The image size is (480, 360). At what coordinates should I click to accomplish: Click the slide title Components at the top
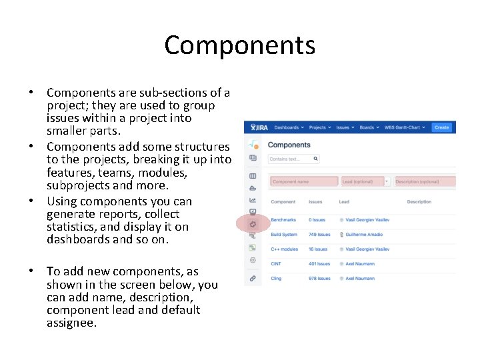click(x=239, y=45)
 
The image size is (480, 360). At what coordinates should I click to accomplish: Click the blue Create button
click(x=441, y=127)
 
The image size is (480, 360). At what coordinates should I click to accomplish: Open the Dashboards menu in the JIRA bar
click(x=289, y=127)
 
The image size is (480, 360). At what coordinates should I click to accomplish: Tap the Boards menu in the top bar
click(x=369, y=127)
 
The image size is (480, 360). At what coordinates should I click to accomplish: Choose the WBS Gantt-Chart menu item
click(x=405, y=127)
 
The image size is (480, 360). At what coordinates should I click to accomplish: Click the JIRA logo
click(x=256, y=127)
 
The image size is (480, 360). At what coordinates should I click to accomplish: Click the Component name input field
click(x=303, y=181)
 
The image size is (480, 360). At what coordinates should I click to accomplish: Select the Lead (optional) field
click(x=361, y=181)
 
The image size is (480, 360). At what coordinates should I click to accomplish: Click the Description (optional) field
click(x=424, y=181)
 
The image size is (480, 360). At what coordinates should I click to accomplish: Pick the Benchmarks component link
click(x=284, y=219)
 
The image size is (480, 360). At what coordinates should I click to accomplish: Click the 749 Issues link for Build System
click(x=319, y=235)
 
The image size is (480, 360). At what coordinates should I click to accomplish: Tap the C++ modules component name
click(x=285, y=249)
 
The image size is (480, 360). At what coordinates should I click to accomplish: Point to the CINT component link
click(x=276, y=264)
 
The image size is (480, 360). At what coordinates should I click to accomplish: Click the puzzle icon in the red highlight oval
click(x=253, y=225)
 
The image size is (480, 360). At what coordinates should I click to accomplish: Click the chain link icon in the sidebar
click(x=253, y=277)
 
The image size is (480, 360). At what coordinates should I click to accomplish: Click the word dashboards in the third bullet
click(x=77, y=239)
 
